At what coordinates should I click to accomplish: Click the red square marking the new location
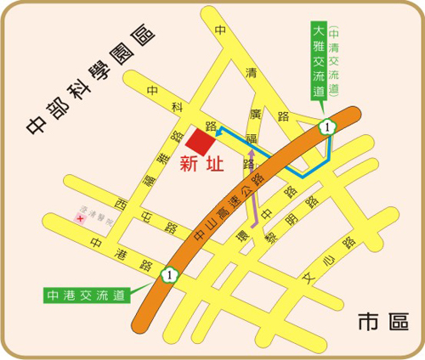[202, 141]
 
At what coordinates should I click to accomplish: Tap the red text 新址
[202, 165]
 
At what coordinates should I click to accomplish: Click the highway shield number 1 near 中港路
[169, 273]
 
